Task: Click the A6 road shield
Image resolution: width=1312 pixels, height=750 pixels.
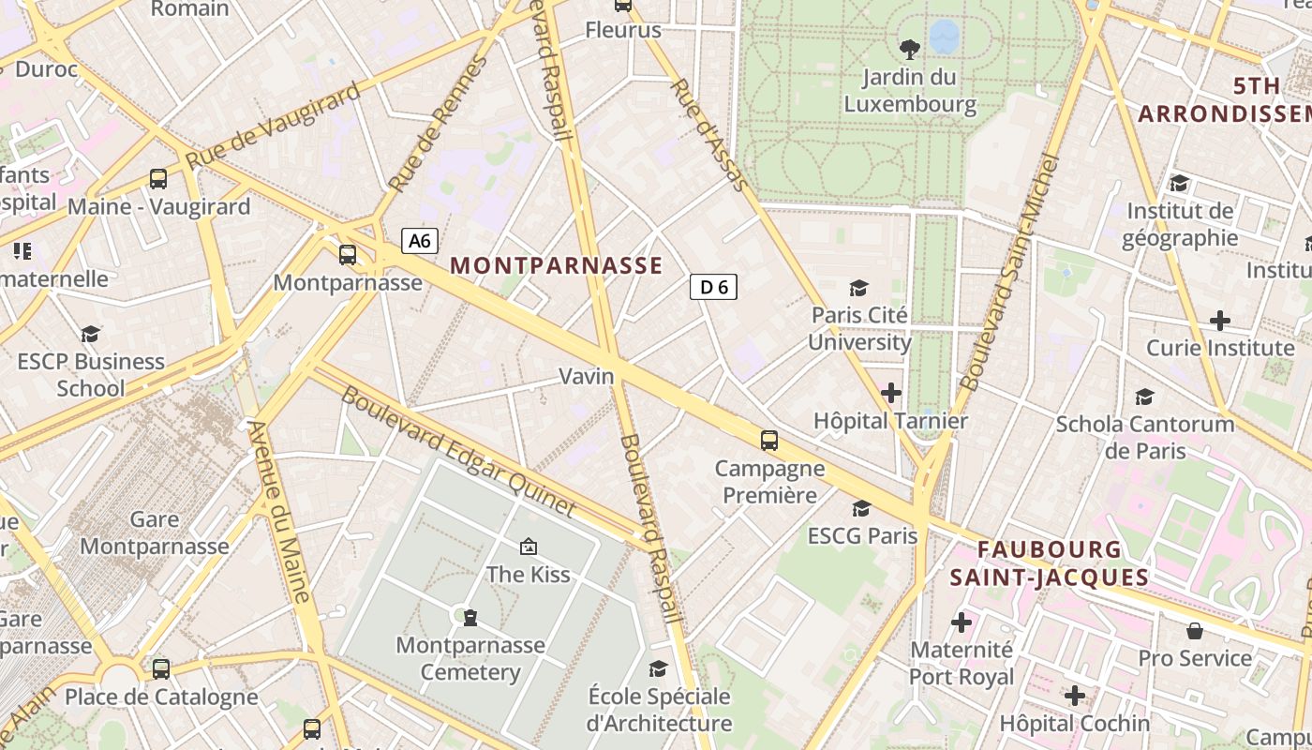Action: click(420, 241)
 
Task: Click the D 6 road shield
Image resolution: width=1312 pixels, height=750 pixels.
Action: click(713, 287)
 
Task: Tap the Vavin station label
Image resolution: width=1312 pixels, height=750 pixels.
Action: click(587, 376)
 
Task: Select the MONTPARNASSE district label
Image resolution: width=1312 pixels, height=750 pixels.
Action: click(557, 265)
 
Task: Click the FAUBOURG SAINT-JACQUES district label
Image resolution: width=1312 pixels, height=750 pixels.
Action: click(1050, 562)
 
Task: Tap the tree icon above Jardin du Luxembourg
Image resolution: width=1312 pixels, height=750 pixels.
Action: click(908, 50)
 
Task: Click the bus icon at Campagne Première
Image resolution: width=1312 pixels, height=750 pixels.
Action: click(768, 440)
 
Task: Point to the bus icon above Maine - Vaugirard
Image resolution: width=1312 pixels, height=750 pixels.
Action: click(158, 178)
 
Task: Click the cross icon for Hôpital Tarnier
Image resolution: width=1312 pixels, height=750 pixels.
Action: click(890, 393)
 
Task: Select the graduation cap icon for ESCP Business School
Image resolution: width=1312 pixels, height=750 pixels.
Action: click(90, 334)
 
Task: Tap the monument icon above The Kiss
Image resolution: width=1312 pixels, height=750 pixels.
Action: click(528, 547)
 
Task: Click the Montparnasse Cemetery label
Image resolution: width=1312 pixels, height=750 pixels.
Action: click(470, 658)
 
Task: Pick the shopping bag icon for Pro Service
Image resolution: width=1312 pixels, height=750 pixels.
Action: click(1195, 631)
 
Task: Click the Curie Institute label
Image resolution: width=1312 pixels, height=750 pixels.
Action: click(1220, 348)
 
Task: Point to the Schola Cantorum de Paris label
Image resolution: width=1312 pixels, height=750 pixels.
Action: click(1145, 437)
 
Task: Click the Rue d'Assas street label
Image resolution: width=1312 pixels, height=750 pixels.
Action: click(709, 135)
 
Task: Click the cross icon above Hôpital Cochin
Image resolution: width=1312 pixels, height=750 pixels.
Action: click(1074, 696)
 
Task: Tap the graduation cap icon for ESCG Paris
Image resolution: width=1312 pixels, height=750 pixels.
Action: click(861, 508)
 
